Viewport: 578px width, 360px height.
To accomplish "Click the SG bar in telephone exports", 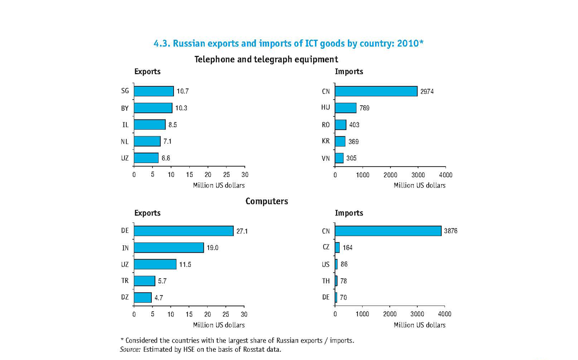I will click(x=154, y=91).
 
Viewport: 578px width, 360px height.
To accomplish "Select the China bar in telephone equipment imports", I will click(x=376, y=91).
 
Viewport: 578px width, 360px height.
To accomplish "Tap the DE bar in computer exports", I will click(x=184, y=231).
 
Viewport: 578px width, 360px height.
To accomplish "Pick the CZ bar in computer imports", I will click(x=337, y=248).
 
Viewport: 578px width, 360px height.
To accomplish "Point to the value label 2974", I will click(x=427, y=92).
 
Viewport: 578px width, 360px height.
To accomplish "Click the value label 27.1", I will click(x=242, y=231).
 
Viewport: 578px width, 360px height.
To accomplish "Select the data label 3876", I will click(x=450, y=231).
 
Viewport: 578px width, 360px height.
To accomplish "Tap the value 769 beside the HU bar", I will click(x=364, y=108).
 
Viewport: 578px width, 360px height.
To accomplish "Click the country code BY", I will click(x=125, y=108).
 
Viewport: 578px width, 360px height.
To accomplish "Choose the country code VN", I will click(x=326, y=158).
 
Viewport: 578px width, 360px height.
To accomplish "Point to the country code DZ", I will click(x=125, y=297).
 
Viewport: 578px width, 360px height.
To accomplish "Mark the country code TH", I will click(x=326, y=281).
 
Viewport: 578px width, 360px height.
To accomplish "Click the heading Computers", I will click(x=266, y=201).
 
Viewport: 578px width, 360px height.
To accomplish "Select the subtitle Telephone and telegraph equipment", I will click(x=266, y=59).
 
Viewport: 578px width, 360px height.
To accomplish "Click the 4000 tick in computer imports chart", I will click(x=445, y=314).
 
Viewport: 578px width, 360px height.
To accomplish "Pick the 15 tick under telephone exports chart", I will click(x=190, y=174).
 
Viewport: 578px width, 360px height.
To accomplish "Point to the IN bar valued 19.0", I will click(x=169, y=248).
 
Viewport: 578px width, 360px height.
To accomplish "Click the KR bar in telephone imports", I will click(x=340, y=141).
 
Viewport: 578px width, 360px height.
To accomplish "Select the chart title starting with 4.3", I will click(x=288, y=43).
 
